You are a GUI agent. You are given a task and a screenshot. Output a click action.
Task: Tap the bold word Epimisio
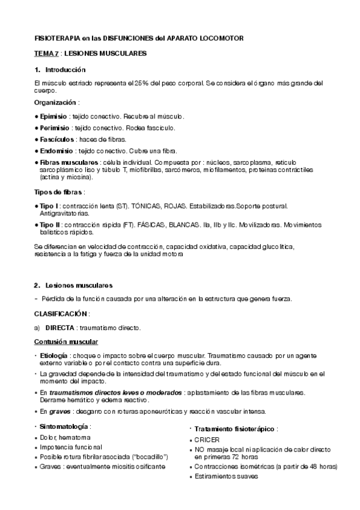(53, 116)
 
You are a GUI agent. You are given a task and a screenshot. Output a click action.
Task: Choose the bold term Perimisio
(55, 127)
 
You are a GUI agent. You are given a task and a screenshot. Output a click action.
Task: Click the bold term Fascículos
(56, 139)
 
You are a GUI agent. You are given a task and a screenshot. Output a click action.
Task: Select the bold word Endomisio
(56, 150)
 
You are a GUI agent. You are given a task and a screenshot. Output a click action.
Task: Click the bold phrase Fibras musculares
(70, 162)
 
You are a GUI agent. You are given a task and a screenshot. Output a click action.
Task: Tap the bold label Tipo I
(49, 206)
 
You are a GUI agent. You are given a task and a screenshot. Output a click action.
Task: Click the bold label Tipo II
(50, 224)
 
